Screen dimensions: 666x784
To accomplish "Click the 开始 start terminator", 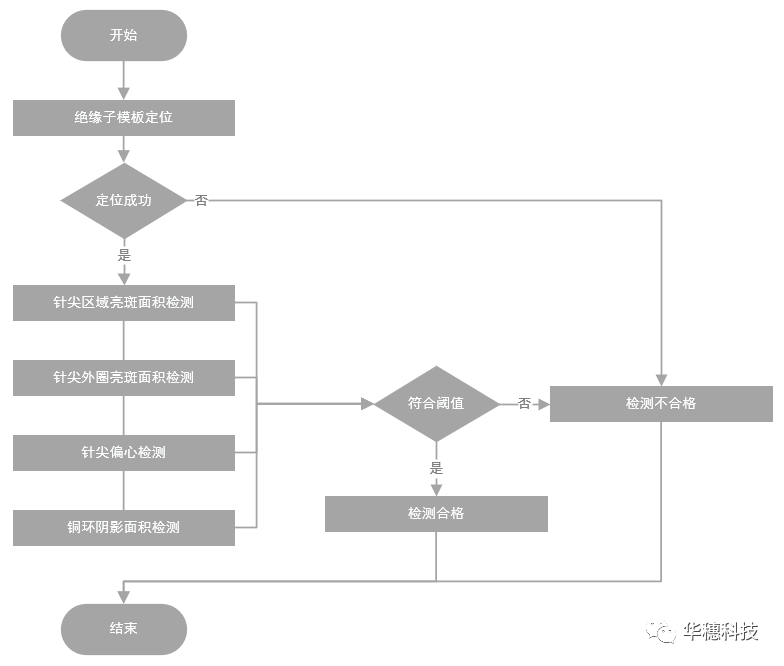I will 123,35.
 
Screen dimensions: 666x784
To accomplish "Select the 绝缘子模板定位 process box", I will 123,117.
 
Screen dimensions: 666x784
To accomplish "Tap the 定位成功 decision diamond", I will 123,200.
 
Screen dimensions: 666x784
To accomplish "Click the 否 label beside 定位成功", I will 201,200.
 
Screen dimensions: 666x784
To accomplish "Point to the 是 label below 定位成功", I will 124,254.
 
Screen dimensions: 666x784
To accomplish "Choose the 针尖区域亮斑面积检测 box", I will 123,303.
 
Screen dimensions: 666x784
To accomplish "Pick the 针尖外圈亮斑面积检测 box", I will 123,378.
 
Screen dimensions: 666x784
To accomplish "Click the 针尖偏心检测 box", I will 123,453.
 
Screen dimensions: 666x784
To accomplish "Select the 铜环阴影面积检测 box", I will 123,527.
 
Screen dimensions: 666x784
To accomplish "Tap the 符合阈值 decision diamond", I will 435,404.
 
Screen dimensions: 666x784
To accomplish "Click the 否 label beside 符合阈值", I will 524,404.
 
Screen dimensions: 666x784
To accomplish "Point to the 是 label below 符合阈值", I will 436,467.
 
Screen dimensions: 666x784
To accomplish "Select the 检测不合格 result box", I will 661,404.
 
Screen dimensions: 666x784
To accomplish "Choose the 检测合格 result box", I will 436,514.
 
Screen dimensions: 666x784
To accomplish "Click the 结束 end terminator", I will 123,629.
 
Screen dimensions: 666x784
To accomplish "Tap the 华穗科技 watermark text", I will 721,632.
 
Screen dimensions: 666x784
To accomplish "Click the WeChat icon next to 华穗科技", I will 662,632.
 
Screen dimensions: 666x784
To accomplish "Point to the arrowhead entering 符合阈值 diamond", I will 367,404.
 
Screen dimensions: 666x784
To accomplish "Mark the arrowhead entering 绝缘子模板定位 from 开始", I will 124,93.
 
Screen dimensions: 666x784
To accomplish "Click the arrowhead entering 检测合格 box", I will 436,489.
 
